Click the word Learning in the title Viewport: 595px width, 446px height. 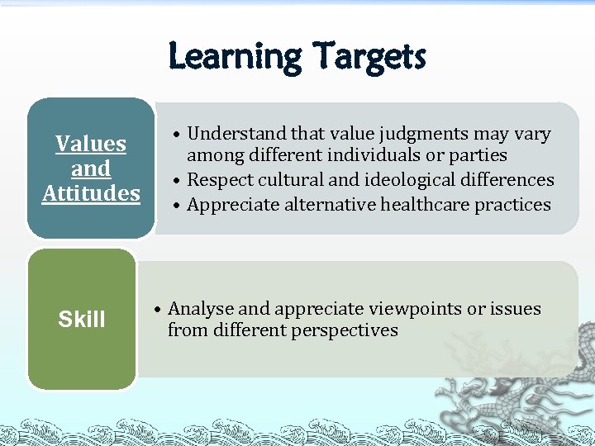[x=235, y=58]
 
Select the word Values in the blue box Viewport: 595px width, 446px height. [x=91, y=144]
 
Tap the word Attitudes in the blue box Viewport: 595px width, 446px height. [x=91, y=193]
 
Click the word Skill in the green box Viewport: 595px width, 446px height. [x=82, y=320]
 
